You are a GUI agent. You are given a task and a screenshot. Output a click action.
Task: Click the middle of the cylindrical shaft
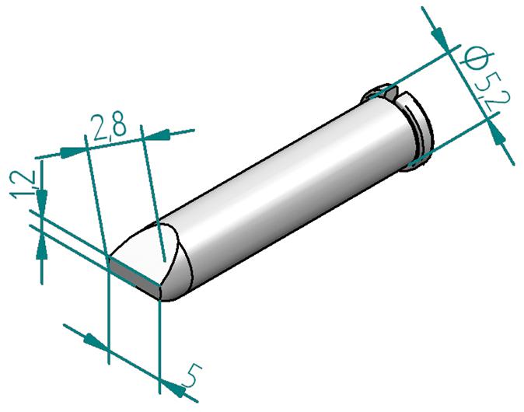click(288, 187)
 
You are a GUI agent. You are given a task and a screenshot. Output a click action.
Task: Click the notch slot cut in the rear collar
click(393, 96)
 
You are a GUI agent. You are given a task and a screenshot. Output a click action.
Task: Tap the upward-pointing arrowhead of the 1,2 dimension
click(40, 243)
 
